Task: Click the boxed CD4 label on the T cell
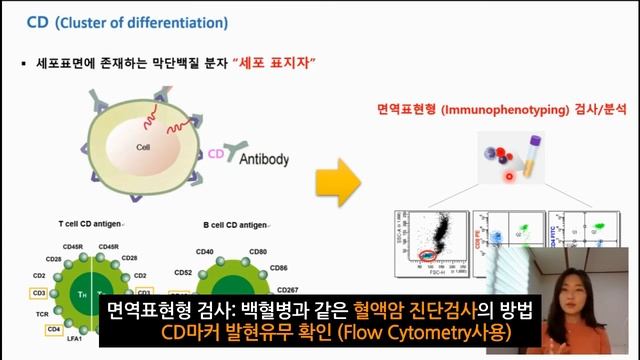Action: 26,329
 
